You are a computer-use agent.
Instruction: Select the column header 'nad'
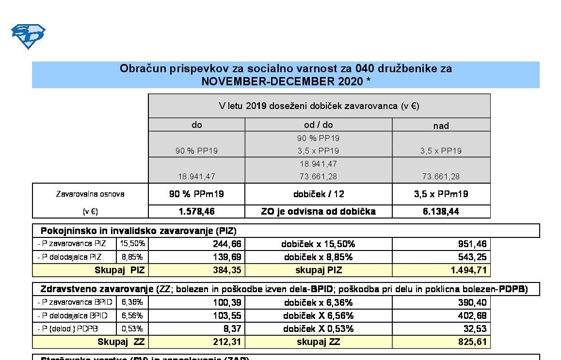pyautogui.click(x=441, y=125)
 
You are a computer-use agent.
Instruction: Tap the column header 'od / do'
pyautogui.click(x=318, y=125)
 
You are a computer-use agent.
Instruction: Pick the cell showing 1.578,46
pyautogui.click(x=196, y=212)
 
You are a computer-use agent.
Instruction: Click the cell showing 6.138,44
pyautogui.click(x=441, y=212)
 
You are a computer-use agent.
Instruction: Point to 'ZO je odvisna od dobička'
pyautogui.click(x=318, y=212)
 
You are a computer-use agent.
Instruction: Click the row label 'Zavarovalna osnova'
pyautogui.click(x=90, y=194)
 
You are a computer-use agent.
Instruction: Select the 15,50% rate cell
pyautogui.click(x=132, y=244)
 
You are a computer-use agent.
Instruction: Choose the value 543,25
pyautogui.click(x=472, y=257)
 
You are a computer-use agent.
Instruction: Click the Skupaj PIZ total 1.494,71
pyautogui.click(x=468, y=270)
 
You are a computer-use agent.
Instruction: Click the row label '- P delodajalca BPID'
pyautogui.click(x=72, y=315)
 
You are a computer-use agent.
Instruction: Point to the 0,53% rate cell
pyautogui.click(x=132, y=329)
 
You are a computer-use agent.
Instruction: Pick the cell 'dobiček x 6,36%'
pyautogui.click(x=318, y=302)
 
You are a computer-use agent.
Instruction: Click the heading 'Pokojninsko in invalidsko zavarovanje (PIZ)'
pyautogui.click(x=138, y=231)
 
